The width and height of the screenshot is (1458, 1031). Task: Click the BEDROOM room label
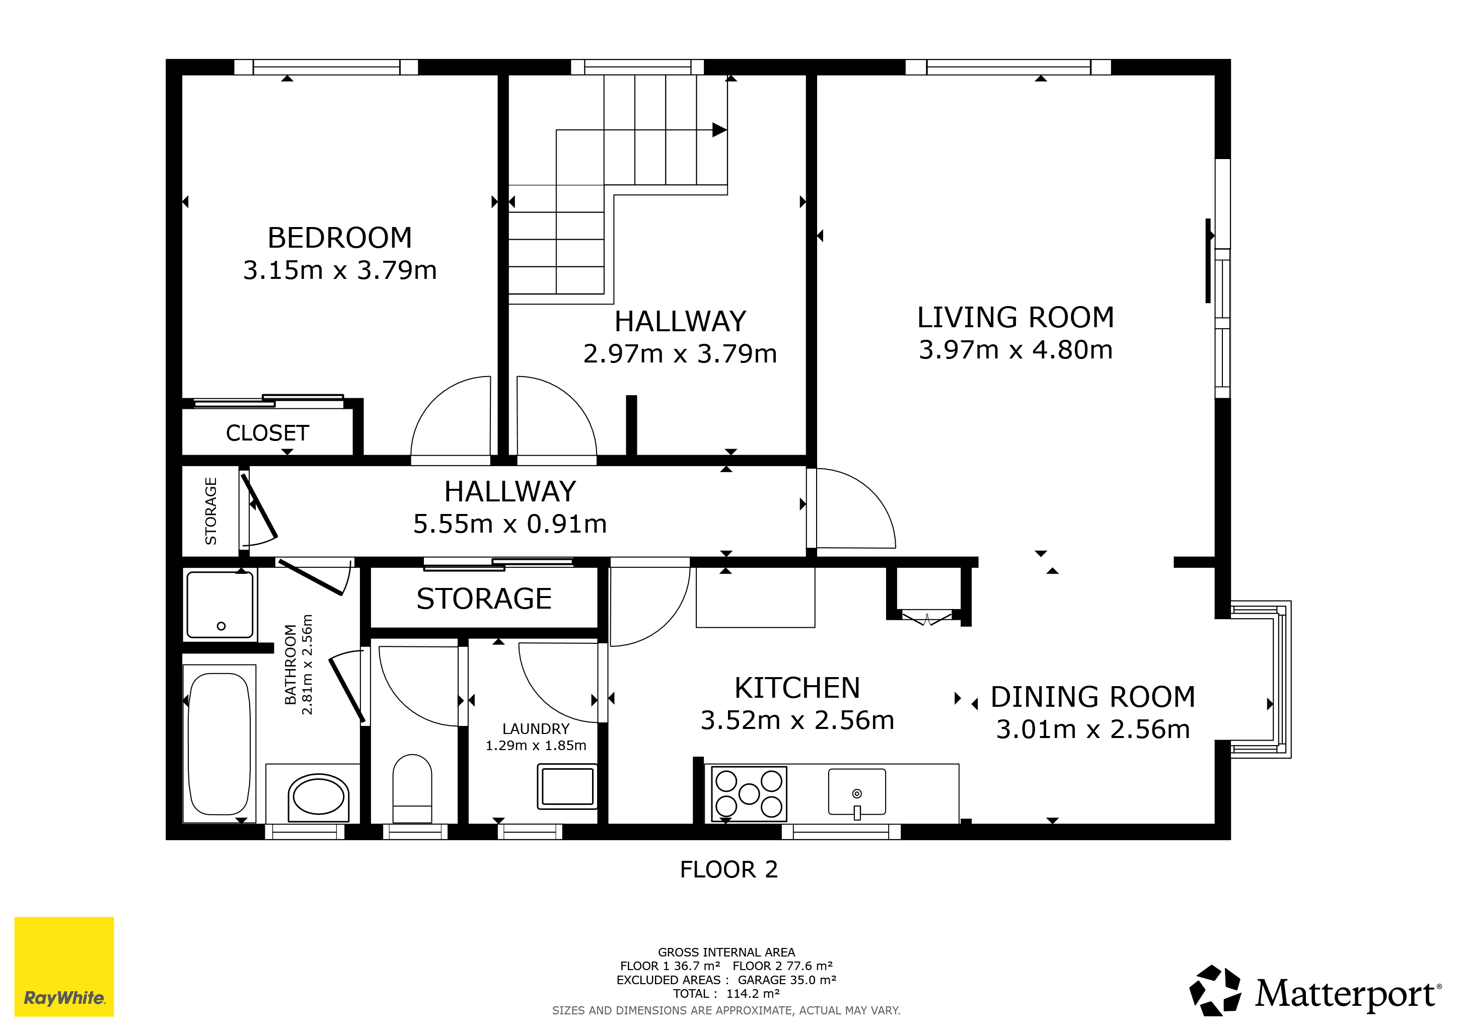pyautogui.click(x=340, y=238)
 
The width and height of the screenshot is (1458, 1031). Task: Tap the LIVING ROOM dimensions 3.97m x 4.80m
pyautogui.click(x=1015, y=350)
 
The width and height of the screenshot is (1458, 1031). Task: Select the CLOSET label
pyautogui.click(x=267, y=433)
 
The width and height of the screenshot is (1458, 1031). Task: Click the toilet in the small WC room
pyautogui.click(x=412, y=788)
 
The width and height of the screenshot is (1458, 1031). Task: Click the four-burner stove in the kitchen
pyautogui.click(x=749, y=793)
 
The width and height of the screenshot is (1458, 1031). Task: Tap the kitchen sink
pyautogui.click(x=857, y=792)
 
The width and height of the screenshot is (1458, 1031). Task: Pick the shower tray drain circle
pyautogui.click(x=221, y=626)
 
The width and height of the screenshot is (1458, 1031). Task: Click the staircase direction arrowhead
pyautogui.click(x=719, y=130)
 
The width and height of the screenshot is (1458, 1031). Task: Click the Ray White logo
pyautogui.click(x=64, y=966)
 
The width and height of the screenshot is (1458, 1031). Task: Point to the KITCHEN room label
pyautogui.click(x=797, y=688)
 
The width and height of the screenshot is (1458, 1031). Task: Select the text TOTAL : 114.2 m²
pyautogui.click(x=726, y=994)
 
